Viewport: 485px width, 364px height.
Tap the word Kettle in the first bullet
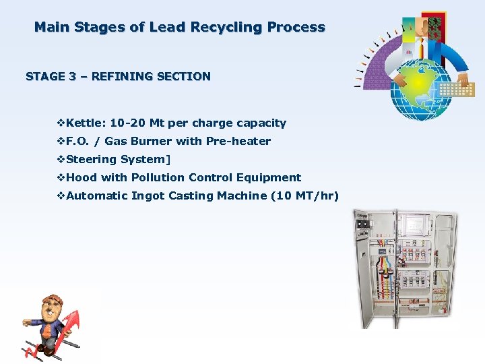click(86, 123)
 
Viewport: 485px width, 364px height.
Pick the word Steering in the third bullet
click(92, 160)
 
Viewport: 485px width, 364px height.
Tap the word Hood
click(82, 178)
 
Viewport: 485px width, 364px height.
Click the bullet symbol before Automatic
click(61, 196)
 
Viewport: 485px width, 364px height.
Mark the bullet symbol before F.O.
click(61, 142)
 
